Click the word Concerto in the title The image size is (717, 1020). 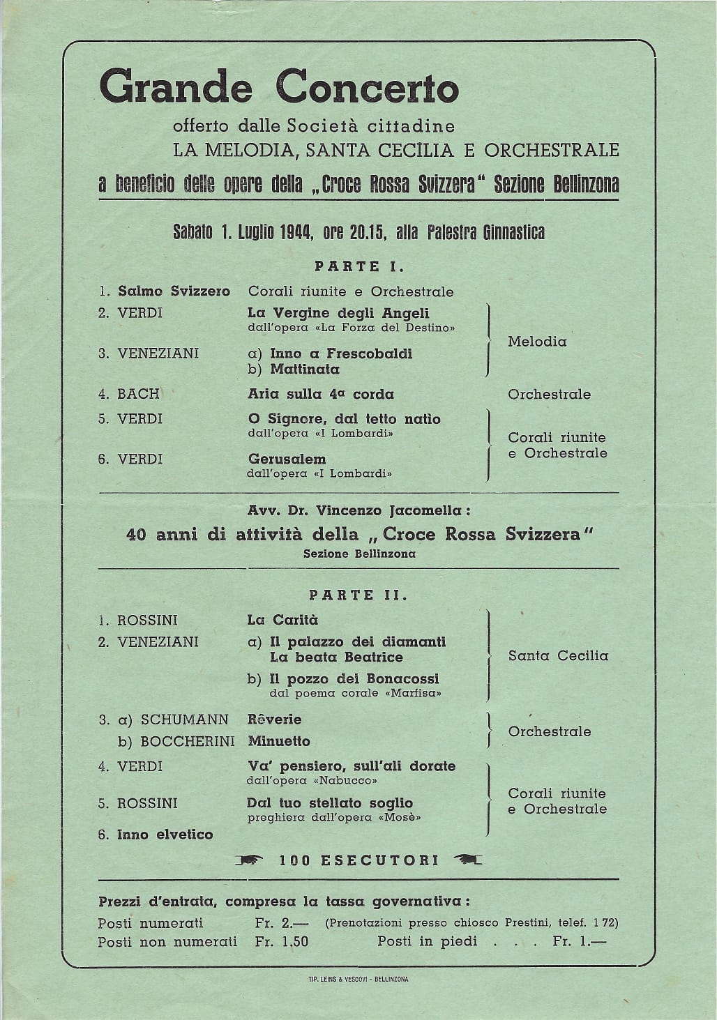(368, 89)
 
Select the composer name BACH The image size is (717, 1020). (138, 394)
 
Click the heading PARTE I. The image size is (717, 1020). (358, 266)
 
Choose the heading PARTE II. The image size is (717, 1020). (358, 595)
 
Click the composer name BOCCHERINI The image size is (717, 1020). (187, 741)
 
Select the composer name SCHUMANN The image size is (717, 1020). (184, 720)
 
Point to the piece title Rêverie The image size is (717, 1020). (274, 720)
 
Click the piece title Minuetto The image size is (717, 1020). (278, 741)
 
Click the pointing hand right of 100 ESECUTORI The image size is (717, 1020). (467, 860)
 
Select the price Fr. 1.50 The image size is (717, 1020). (281, 942)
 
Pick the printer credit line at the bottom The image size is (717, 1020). (358, 980)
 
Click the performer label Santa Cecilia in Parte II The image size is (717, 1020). (558, 656)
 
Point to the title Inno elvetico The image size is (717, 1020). (165, 835)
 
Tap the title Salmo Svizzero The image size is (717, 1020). (174, 291)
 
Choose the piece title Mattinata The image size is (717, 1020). (305, 370)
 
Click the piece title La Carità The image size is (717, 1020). (282, 620)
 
